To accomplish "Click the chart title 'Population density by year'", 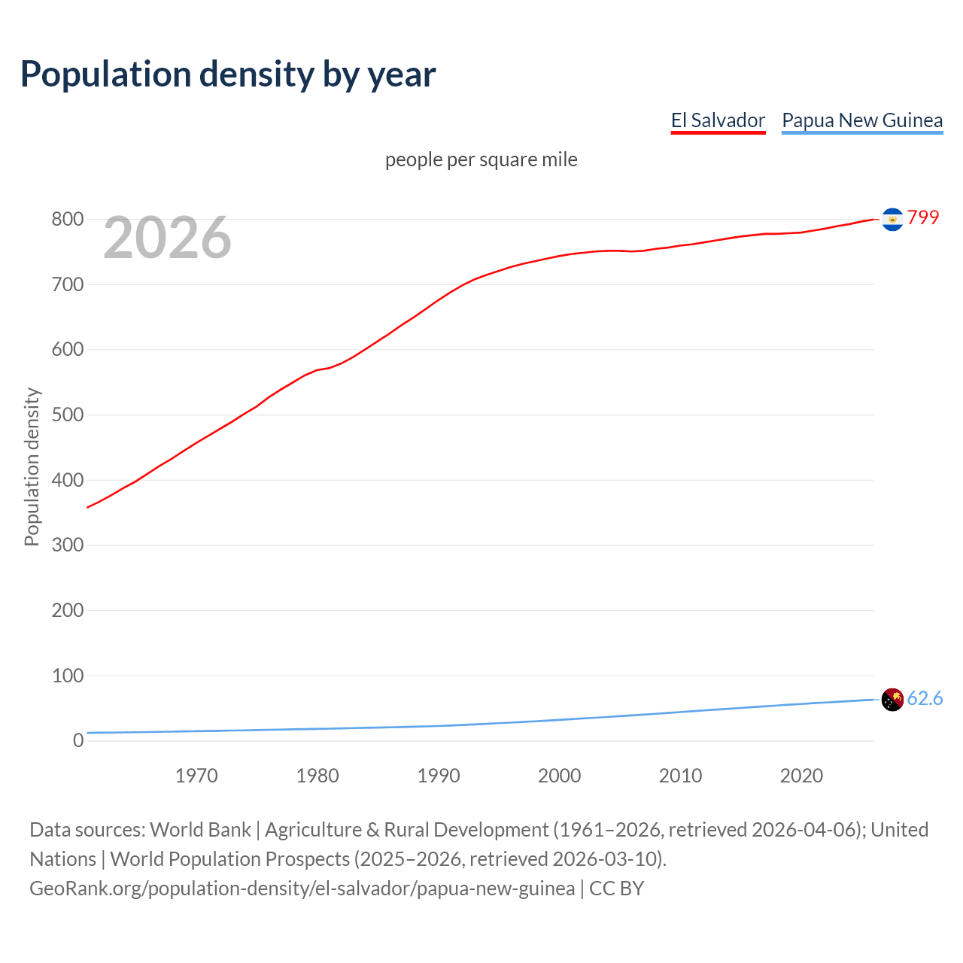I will (228, 74).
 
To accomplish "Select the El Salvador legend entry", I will (718, 120).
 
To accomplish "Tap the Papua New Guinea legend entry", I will (862, 120).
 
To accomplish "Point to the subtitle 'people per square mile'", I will (481, 160).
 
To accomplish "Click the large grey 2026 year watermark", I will (167, 238).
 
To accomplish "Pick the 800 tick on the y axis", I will (67, 220).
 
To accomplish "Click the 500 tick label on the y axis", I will (67, 415).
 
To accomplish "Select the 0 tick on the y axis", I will (78, 740).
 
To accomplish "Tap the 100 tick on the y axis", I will (67, 676).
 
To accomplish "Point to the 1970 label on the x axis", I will (196, 776).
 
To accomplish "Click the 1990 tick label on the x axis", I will (439, 776).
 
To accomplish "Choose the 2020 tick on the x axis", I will (801, 776).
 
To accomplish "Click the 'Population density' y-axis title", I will (32, 466).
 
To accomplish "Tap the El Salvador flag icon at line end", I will (892, 219).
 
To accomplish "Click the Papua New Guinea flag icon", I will (892, 699).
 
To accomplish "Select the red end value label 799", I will (923, 217).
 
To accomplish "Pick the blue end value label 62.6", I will (925, 698).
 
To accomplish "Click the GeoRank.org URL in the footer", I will (302, 889).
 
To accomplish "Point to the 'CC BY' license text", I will (617, 889).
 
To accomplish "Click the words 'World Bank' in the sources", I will (200, 830).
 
